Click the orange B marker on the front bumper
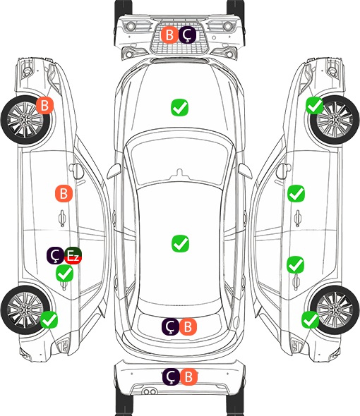169,35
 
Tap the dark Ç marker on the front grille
187,35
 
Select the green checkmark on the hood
179,107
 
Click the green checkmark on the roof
180,243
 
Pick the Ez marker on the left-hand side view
73,255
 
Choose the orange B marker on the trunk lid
188,327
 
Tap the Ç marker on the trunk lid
170,327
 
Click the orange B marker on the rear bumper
188,377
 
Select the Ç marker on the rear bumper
171,377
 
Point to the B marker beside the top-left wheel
45,105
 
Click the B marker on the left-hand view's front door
64,193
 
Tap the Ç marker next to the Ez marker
55,255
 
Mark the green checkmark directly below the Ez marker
64,274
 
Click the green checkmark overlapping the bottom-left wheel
49,320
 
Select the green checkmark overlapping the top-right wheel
315,105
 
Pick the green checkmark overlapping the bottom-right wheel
311,319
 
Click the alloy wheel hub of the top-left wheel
25,120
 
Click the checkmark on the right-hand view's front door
296,193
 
